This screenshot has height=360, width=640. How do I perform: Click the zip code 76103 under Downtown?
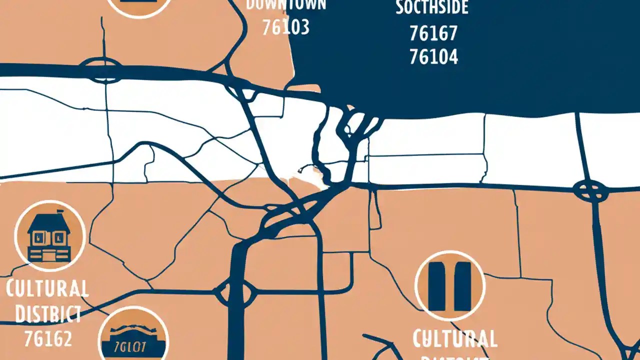[x=286, y=27]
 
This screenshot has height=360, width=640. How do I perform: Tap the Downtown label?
[x=286, y=5]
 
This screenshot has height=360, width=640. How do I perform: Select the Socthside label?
[x=432, y=7]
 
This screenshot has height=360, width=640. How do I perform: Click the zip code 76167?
[x=433, y=33]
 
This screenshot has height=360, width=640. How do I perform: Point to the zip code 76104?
[x=433, y=57]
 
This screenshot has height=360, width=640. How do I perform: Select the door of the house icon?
[x=49, y=255]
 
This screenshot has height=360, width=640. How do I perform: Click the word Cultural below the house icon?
[x=48, y=289]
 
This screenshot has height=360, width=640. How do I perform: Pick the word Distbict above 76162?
[x=48, y=314]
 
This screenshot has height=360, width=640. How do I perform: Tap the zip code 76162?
[x=48, y=339]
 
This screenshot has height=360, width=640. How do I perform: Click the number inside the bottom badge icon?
[x=133, y=346]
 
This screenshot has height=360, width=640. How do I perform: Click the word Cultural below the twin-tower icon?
[x=454, y=339]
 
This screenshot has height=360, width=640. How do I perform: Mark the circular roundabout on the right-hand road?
[x=590, y=191]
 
